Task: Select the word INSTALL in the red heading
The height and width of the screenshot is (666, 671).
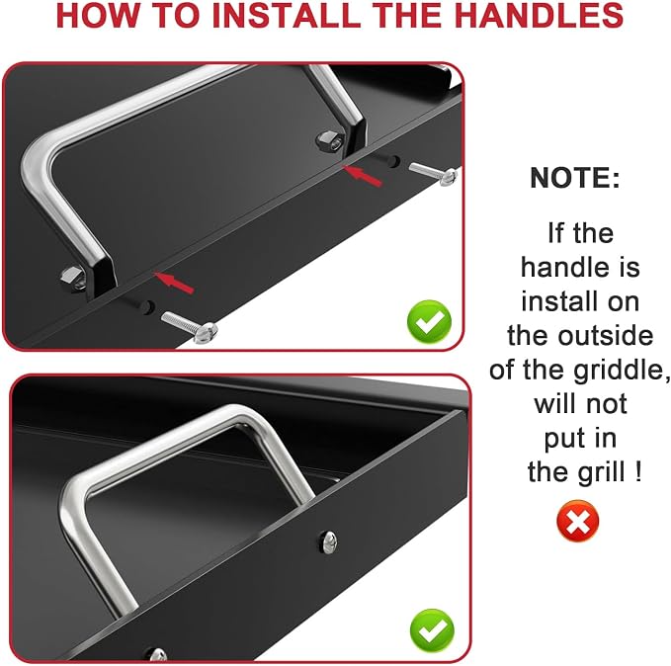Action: click(x=287, y=16)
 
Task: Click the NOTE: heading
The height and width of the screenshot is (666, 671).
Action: click(x=575, y=177)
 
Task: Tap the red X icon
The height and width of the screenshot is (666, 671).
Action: click(x=578, y=521)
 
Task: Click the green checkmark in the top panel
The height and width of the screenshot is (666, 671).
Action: click(x=429, y=322)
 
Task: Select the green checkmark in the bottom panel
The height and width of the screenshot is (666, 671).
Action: click(x=432, y=630)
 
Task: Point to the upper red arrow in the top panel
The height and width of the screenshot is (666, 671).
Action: click(x=362, y=176)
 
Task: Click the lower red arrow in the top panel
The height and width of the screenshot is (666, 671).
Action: click(x=174, y=283)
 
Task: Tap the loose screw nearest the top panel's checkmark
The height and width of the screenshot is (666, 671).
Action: click(x=190, y=327)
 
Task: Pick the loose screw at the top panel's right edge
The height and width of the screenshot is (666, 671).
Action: click(x=434, y=174)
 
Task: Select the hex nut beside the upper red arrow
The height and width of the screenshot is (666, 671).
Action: click(x=329, y=140)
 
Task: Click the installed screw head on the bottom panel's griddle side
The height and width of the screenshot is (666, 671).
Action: click(x=328, y=541)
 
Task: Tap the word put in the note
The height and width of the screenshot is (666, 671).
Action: click(x=564, y=440)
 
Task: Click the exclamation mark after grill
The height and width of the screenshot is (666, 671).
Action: click(x=638, y=471)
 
